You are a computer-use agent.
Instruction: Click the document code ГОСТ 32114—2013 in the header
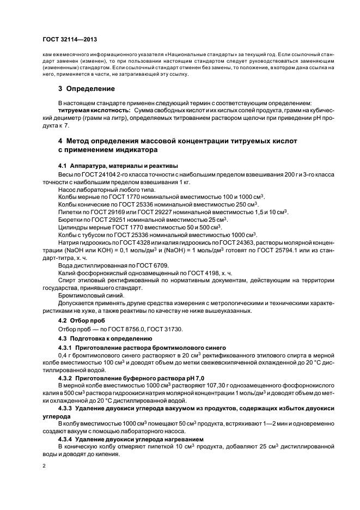(70, 40)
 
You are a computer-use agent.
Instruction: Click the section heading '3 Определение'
(87, 89)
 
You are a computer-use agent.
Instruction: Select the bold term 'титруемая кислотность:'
(90, 111)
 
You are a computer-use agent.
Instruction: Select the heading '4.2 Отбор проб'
(82, 321)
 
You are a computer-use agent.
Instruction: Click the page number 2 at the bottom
(45, 466)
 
